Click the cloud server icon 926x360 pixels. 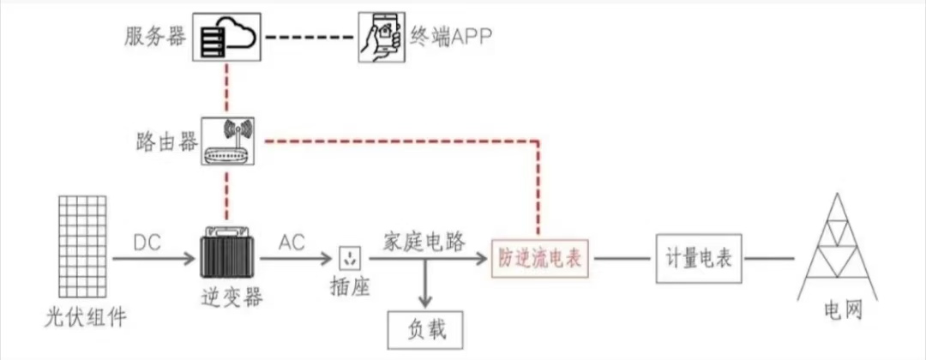pos(226,38)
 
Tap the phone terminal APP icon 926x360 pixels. pos(382,38)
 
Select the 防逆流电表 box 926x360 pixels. pos(541,257)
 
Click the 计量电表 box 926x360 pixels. pos(699,257)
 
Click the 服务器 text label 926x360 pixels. pos(155,37)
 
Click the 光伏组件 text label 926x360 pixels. pos(85,318)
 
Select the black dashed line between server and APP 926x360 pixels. pos(310,38)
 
